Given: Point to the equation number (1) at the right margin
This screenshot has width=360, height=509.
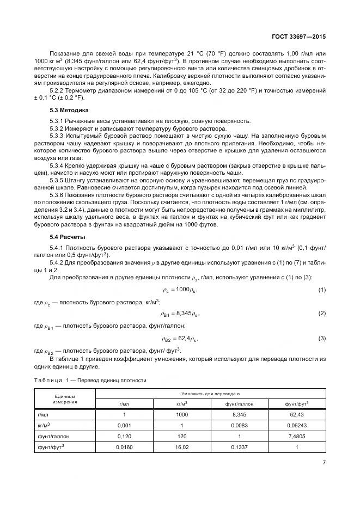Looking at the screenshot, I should coord(322,289).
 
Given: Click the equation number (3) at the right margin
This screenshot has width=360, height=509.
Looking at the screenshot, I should coord(322,338).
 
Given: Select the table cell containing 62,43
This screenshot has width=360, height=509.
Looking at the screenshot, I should coord(297,414).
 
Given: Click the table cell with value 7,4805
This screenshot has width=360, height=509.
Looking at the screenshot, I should coord(297,436).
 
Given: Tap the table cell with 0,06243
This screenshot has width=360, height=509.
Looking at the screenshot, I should coord(297,425).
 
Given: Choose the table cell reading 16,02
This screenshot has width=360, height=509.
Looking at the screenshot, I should coord(182,447).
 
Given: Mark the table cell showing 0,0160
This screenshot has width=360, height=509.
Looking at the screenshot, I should coord(124,447).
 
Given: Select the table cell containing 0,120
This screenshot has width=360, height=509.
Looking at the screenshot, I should coord(124,436).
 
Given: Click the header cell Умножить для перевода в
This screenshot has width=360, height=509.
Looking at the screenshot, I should coord(211,393).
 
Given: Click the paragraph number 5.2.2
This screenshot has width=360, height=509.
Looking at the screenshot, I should coord(57,90).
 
